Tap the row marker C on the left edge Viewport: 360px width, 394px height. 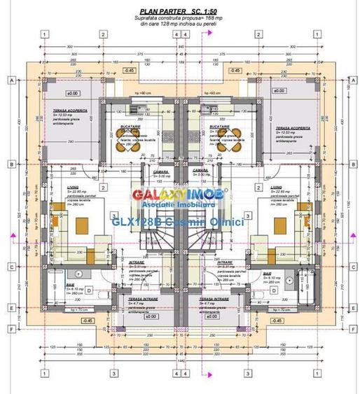click(x=12, y=266)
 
